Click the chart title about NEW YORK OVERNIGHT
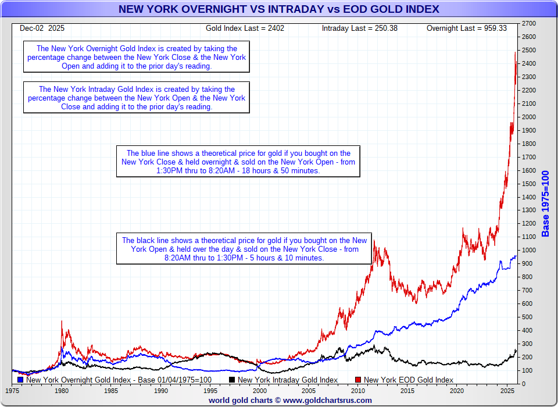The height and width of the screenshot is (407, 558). (278, 9)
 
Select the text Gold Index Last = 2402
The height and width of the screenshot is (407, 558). (245, 28)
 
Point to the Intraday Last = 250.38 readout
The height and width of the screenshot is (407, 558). (360, 28)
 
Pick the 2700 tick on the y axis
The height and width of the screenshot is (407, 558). (528, 23)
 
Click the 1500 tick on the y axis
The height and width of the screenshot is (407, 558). (528, 184)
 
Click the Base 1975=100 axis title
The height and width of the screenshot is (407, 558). (545, 204)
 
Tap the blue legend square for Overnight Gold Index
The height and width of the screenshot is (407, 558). (21, 380)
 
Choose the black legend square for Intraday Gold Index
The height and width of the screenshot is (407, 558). (232, 380)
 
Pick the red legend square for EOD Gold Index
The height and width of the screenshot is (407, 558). (358, 380)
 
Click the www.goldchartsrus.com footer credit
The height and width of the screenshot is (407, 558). (290, 400)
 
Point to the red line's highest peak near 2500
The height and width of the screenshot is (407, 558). (515, 52)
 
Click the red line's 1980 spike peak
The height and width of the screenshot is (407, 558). (62, 321)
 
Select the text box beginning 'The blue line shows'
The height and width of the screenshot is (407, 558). (238, 161)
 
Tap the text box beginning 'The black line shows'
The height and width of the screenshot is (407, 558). (244, 249)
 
